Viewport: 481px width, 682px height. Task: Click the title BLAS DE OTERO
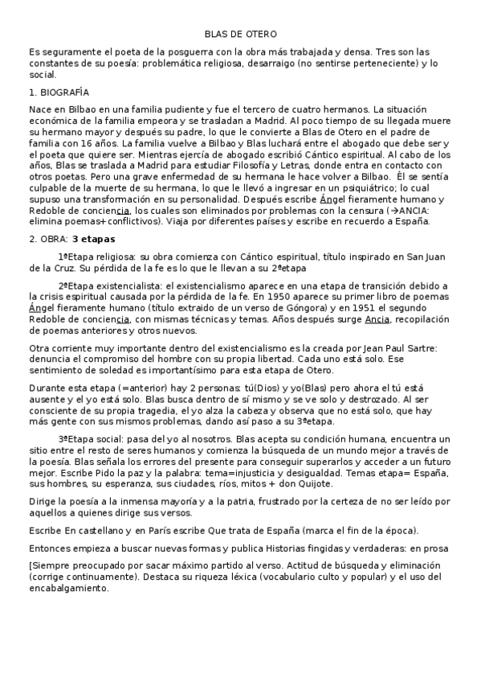(241, 35)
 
